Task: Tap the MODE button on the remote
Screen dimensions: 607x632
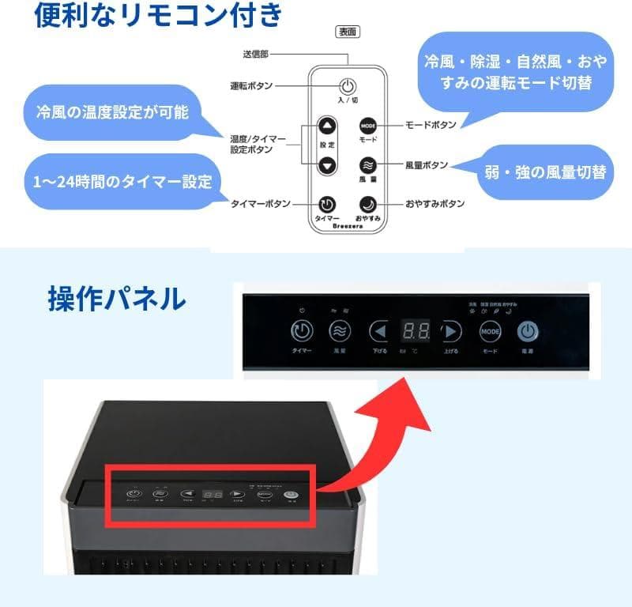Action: [368, 126]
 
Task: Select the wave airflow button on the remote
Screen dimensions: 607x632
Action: [368, 165]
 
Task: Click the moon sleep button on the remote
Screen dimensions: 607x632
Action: [368, 204]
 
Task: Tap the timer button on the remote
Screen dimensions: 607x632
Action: [327, 204]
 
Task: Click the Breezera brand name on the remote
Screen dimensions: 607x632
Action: [348, 224]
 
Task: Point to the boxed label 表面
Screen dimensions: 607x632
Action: [348, 32]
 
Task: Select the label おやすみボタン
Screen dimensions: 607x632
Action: [434, 204]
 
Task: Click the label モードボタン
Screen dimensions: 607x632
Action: [430, 126]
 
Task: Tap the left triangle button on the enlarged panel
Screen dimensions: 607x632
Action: [381, 331]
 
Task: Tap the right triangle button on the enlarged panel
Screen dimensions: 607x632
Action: [450, 331]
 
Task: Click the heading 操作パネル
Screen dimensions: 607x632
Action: [116, 298]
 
